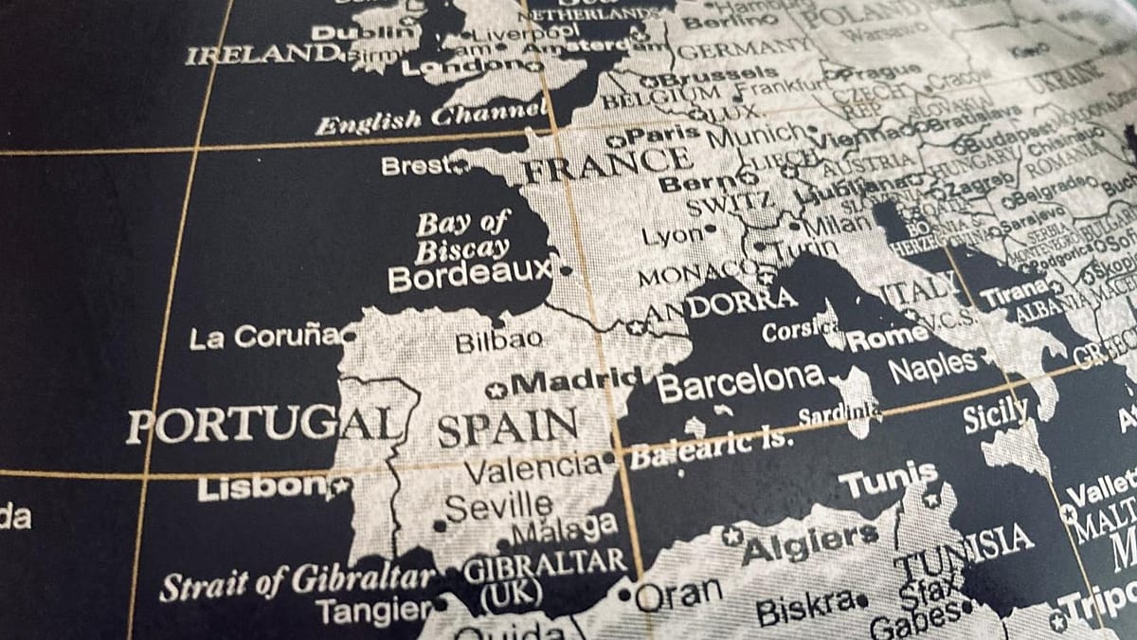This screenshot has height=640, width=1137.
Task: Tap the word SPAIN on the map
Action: (508, 429)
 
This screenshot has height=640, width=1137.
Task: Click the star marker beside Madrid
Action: (495, 390)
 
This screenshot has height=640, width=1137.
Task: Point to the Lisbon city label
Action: (261, 488)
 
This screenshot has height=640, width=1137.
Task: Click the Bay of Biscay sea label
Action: (461, 237)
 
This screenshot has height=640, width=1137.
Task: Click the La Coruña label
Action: (264, 337)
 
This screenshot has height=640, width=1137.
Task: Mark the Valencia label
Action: (532, 466)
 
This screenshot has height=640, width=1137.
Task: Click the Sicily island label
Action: (996, 415)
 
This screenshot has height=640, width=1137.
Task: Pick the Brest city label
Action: (413, 166)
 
